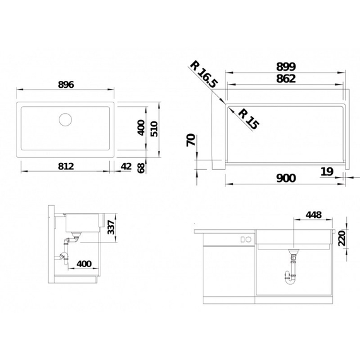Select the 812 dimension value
(x=66, y=166)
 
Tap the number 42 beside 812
(x=126, y=166)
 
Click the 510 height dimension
(x=152, y=129)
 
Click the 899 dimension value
(x=286, y=66)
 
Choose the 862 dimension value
(x=286, y=80)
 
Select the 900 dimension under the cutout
(x=286, y=178)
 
